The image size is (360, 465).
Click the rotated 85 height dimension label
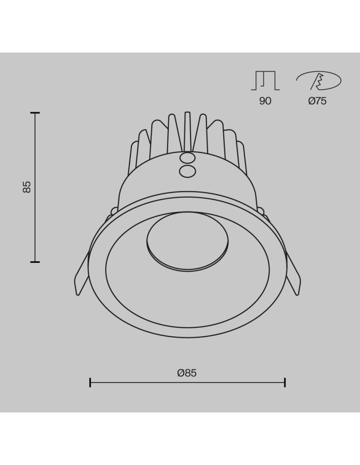[27, 187]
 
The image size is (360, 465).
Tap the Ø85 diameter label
[187, 373]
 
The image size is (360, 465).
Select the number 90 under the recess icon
[265, 101]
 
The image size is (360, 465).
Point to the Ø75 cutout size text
[317, 101]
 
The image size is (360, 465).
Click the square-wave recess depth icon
[265, 81]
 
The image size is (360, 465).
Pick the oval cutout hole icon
[319, 81]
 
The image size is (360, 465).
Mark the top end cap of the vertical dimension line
[35, 113]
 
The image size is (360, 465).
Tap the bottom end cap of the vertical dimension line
[35, 262]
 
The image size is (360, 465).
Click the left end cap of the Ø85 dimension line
[90, 383]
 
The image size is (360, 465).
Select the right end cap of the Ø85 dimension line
[285, 383]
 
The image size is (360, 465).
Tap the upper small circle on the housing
[187, 158]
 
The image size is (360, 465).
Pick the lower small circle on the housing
[187, 171]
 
